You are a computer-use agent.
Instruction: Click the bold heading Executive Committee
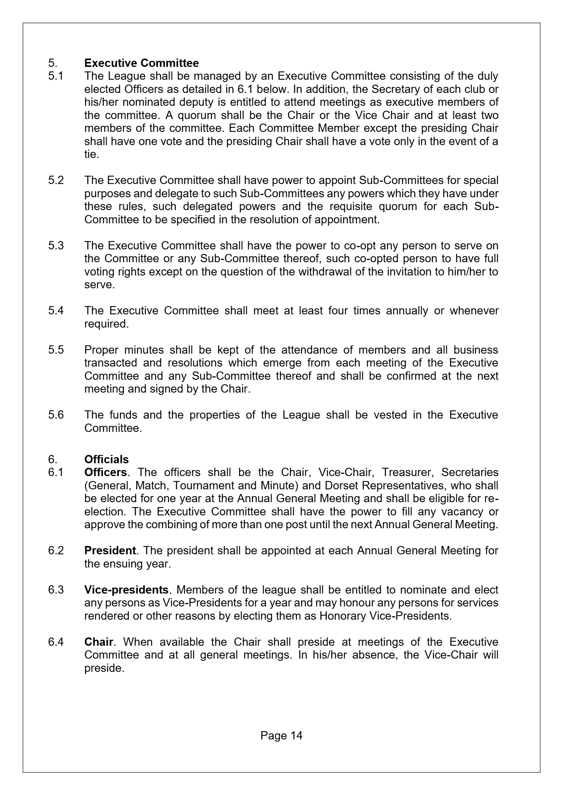tap(142, 63)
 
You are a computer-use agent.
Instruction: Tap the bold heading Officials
tap(106, 459)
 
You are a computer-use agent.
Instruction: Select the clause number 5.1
tap(56, 76)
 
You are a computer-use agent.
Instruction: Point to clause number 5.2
tap(56, 180)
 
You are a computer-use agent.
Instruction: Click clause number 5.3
tap(56, 245)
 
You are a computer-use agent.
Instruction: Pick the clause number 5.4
tap(56, 311)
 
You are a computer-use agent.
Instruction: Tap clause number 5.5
tap(56, 350)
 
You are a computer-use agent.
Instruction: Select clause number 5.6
tap(56, 415)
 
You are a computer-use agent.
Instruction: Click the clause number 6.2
tap(56, 550)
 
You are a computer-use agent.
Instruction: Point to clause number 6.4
tap(56, 642)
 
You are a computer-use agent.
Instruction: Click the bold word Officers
tap(106, 472)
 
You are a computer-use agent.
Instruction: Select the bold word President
tap(110, 550)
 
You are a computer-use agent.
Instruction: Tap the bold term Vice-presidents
tap(126, 589)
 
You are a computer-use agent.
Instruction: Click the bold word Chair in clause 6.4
tap(98, 642)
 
